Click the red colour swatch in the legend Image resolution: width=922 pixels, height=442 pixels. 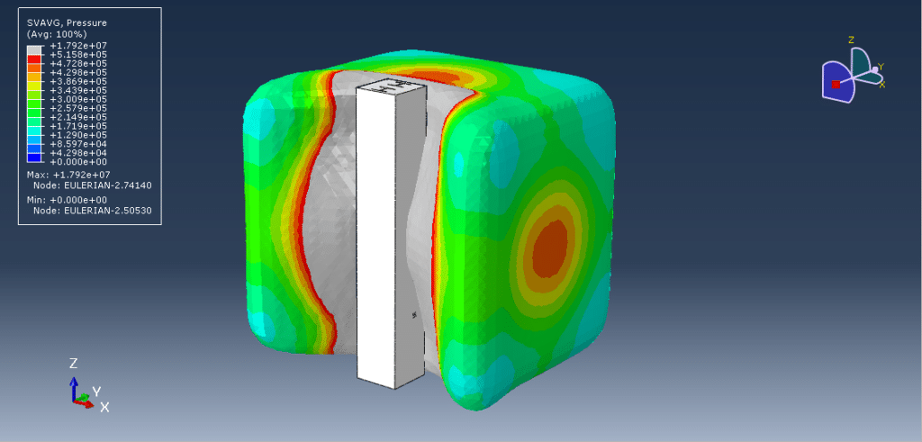(34, 59)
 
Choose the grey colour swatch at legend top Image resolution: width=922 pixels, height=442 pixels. (34, 50)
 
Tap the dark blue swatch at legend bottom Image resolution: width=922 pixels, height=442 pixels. (34, 158)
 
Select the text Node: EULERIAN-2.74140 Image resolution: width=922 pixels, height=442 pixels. (93, 185)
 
